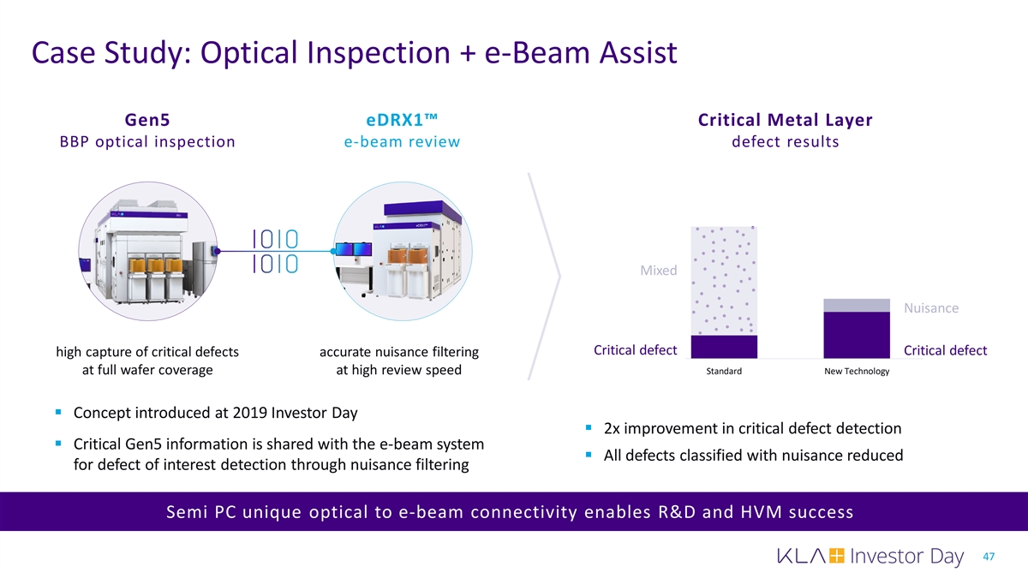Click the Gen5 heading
tap(147, 120)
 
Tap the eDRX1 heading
tap(402, 120)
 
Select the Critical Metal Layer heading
tap(786, 120)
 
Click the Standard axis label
tap(724, 371)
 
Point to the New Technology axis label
tap(857, 371)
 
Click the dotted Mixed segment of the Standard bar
tap(724, 281)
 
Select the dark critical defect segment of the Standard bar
tap(724, 347)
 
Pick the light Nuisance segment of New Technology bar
tap(857, 306)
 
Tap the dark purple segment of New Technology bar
tap(857, 336)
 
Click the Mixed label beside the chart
tap(659, 271)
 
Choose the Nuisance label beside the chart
tap(931, 307)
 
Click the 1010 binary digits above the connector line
tap(275, 239)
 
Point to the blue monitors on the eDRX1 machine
tap(353, 249)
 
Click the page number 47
tap(989, 557)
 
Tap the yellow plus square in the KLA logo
tap(837, 556)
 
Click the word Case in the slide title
tap(63, 52)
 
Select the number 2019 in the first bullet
tap(249, 413)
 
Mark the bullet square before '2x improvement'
tap(589, 427)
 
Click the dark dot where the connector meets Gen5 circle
tap(218, 251)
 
